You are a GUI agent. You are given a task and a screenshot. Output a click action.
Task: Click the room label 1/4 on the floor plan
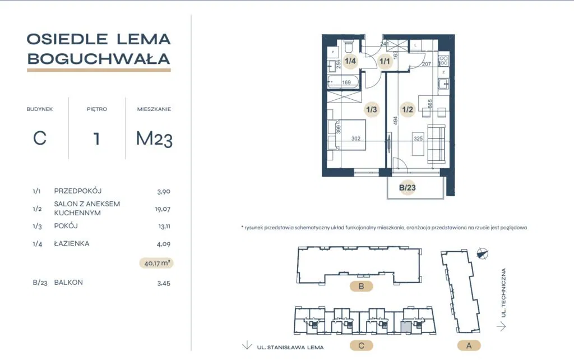tap(350, 61)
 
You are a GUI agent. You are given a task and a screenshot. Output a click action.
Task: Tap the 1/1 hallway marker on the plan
tap(385, 61)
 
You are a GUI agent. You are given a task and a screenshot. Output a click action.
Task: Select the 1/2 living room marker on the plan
tap(408, 109)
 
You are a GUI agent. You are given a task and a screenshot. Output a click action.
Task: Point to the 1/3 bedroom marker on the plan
tap(372, 109)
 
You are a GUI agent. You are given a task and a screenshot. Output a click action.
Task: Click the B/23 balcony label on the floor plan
tap(407, 187)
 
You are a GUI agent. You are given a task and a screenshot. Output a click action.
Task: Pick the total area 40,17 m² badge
tap(156, 263)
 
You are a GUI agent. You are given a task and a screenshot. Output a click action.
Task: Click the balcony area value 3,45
tap(164, 283)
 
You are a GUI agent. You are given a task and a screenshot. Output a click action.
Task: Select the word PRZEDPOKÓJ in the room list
tap(77, 191)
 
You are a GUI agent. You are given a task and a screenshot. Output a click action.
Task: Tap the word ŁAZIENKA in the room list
tap(72, 243)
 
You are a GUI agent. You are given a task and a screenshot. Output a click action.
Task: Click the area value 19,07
tap(163, 209)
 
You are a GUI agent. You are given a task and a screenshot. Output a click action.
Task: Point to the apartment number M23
tap(154, 139)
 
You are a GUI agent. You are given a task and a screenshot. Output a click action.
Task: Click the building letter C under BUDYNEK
tap(40, 139)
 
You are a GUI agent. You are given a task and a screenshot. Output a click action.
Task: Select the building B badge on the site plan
tap(361, 286)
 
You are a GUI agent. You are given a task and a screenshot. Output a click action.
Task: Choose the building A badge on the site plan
tap(469, 345)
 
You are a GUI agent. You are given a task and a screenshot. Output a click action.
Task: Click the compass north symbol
tap(483, 253)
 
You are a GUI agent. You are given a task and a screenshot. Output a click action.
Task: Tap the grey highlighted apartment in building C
tap(406, 326)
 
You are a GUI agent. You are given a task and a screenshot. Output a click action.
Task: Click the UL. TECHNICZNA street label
tap(504, 293)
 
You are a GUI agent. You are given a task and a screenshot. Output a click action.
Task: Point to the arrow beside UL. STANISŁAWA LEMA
tap(247, 345)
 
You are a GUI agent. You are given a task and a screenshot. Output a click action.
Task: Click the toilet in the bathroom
tap(349, 47)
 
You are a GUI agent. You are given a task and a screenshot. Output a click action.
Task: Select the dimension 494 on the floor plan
tap(395, 121)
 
